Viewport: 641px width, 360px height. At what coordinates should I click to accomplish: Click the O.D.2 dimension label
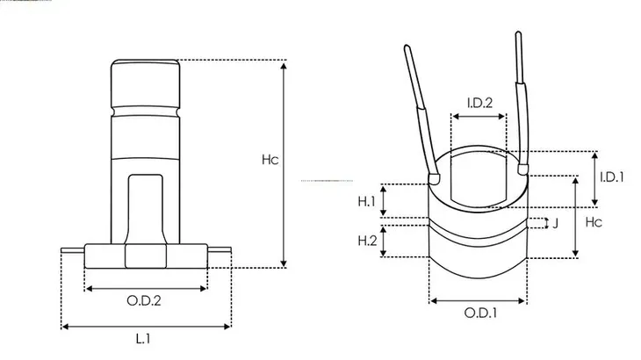point(144,301)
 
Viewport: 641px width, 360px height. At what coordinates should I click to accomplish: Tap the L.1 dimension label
point(143,338)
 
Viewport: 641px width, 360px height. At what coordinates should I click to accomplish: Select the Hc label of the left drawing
point(270,159)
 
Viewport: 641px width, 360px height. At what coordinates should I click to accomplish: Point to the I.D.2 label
point(480,103)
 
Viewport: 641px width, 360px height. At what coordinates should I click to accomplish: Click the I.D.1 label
point(611,177)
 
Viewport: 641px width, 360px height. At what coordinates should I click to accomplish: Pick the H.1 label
point(366,201)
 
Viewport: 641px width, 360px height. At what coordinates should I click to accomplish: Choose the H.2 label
point(367,241)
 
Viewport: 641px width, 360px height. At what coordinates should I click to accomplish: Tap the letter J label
point(555,224)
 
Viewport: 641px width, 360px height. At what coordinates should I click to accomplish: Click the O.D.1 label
point(481,313)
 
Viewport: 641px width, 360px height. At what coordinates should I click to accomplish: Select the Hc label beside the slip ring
point(594,222)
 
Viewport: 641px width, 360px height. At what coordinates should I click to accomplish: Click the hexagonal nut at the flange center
point(146,256)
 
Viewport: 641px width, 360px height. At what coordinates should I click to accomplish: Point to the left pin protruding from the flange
point(73,250)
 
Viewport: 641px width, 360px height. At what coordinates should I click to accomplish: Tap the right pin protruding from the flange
point(220,249)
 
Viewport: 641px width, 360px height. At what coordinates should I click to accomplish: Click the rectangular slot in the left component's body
point(146,209)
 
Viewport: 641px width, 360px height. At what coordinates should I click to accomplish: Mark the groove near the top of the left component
point(145,112)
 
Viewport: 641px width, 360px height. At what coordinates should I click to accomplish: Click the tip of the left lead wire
point(407,47)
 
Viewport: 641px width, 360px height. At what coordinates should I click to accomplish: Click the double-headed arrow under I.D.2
point(479,117)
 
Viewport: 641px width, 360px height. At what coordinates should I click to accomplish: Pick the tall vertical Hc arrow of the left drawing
point(284,164)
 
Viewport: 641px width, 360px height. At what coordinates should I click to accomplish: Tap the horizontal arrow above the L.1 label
point(146,327)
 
